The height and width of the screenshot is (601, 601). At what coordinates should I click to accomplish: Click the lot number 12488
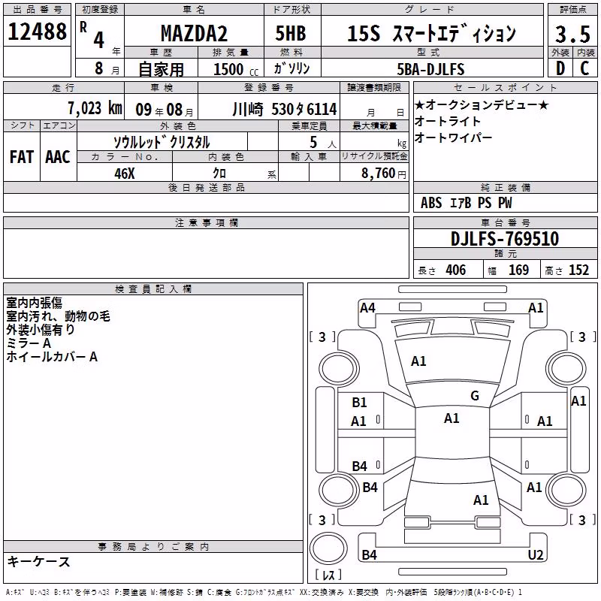(x=37, y=32)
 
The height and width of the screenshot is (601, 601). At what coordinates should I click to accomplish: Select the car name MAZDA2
(x=194, y=33)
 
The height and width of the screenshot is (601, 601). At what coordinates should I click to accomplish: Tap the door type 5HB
(x=291, y=33)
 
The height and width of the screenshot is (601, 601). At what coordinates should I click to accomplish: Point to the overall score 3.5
(x=572, y=34)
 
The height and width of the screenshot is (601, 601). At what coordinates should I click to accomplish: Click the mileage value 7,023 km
(x=95, y=108)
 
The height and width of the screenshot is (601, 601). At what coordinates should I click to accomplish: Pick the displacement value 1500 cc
(x=236, y=69)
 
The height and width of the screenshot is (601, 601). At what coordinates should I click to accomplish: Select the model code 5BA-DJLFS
(x=430, y=69)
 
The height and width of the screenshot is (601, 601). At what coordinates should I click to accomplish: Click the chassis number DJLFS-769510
(x=505, y=239)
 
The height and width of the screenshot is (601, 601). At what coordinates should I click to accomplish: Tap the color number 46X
(x=125, y=174)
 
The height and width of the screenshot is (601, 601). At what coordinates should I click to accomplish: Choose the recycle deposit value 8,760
(x=379, y=174)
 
